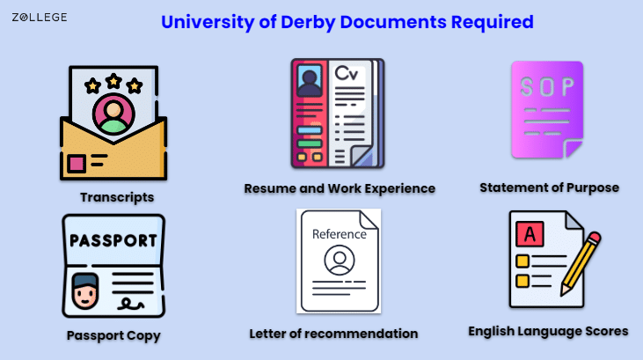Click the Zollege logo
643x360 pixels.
(40, 18)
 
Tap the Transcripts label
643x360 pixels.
(117, 197)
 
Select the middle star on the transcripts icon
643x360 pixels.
(113, 81)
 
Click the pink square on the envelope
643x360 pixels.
(77, 164)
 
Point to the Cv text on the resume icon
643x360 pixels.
(347, 73)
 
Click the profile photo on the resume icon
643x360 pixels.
(310, 80)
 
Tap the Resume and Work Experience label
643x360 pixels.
(340, 188)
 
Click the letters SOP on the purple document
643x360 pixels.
(546, 87)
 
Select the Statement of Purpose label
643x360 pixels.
(549, 187)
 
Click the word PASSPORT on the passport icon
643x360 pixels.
(113, 240)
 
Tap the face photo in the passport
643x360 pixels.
(85, 291)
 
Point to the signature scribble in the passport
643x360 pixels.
(130, 305)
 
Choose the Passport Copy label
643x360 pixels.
(113, 335)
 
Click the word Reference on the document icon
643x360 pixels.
(340, 234)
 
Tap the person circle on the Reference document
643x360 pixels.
(340, 260)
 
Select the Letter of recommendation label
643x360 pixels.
(333, 334)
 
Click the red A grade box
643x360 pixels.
(530, 234)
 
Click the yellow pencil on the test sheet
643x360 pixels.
(581, 263)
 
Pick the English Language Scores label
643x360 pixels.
(548, 331)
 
